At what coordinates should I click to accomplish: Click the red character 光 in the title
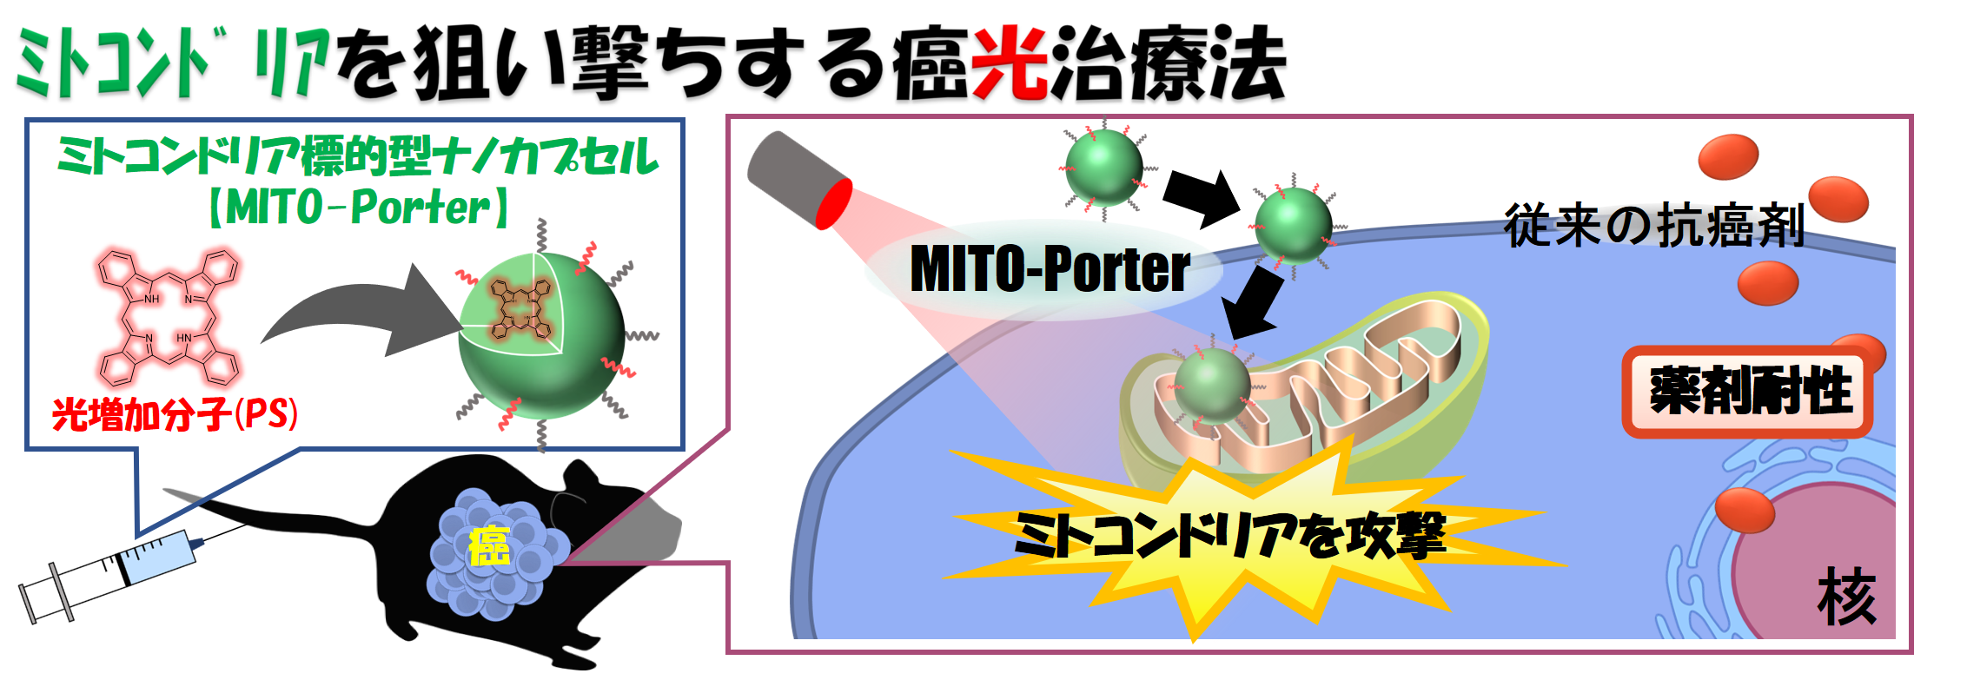(x=1010, y=63)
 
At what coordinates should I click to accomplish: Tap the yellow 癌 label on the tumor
(x=489, y=546)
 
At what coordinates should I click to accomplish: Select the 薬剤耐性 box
(x=1748, y=391)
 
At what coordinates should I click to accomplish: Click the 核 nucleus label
(x=1847, y=597)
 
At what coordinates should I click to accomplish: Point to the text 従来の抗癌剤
(x=1654, y=225)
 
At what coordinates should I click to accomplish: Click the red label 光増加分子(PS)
(x=175, y=413)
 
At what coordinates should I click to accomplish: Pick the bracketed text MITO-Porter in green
(x=358, y=208)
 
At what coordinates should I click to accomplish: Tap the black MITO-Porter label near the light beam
(x=1050, y=268)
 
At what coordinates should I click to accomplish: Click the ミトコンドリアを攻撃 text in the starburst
(x=1230, y=535)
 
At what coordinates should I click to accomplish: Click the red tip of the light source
(x=834, y=204)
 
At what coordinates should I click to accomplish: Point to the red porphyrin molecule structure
(x=168, y=317)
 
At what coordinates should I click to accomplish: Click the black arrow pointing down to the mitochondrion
(x=1253, y=303)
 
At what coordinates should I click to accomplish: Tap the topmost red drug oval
(x=1729, y=156)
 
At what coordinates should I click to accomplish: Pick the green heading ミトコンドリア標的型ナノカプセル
(x=358, y=156)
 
